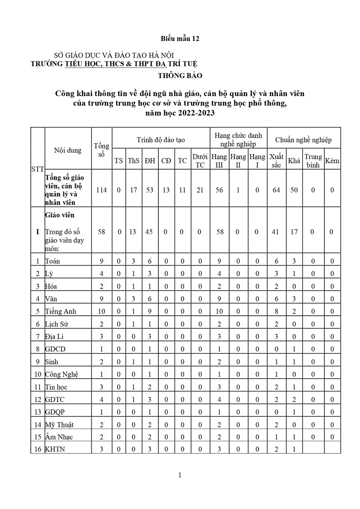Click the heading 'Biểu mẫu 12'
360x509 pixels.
[180, 39]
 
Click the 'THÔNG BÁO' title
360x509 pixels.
[180, 76]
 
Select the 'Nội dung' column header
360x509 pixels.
[68, 150]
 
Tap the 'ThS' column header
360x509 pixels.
[134, 161]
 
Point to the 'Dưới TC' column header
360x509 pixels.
[200, 161]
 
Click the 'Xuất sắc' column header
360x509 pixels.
[276, 161]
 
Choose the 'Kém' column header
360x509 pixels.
[332, 161]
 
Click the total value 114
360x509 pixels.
[102, 190]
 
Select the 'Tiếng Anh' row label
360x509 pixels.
[60, 311]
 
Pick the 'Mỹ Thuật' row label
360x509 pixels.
[59, 425]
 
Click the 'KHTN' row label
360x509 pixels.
[55, 449]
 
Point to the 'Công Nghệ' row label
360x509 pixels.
[61, 375]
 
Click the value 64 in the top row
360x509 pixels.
[276, 190]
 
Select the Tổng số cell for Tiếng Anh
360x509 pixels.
[102, 311]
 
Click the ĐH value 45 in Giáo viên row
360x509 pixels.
[149, 232]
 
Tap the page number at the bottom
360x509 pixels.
[180, 475]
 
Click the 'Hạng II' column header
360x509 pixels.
[238, 161]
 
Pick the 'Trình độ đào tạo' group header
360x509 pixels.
[161, 140]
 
